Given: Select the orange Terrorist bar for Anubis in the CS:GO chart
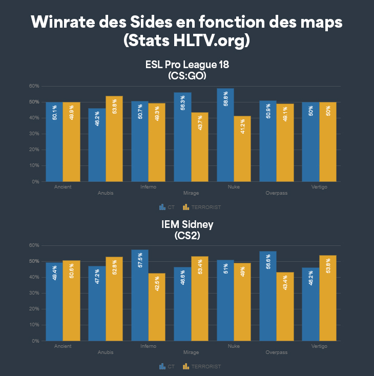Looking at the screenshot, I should point(114,139).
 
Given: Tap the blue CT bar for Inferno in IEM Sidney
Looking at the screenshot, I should point(140,295).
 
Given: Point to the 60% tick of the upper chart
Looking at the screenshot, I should point(34,86).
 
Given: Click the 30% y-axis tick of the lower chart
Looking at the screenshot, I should point(34,293).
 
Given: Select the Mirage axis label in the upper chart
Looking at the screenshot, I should point(191,194).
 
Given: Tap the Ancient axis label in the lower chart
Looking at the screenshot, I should point(63,346).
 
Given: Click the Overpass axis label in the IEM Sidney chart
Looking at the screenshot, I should point(277,352).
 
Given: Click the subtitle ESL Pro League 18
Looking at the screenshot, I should point(186,66).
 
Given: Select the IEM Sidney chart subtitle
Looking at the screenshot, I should point(186,224).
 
